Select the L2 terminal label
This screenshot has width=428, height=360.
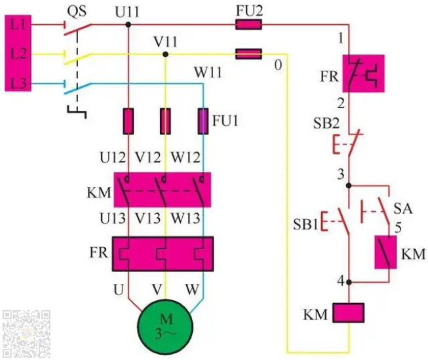tap(17, 54)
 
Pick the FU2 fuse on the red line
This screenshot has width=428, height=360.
tap(248, 25)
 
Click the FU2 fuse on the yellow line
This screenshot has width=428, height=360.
tap(248, 53)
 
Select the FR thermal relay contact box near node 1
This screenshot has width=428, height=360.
tap(362, 73)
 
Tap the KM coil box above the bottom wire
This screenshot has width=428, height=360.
tap(349, 313)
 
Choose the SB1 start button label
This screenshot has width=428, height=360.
tap(305, 224)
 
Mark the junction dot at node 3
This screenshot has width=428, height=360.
tap(349, 186)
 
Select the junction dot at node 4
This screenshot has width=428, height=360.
tap(349, 283)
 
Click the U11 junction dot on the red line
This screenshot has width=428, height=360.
tap(128, 25)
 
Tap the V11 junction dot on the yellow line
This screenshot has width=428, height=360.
tap(165, 54)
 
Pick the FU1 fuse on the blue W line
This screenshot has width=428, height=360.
tap(203, 121)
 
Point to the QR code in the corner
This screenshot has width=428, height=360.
tap(26, 333)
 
